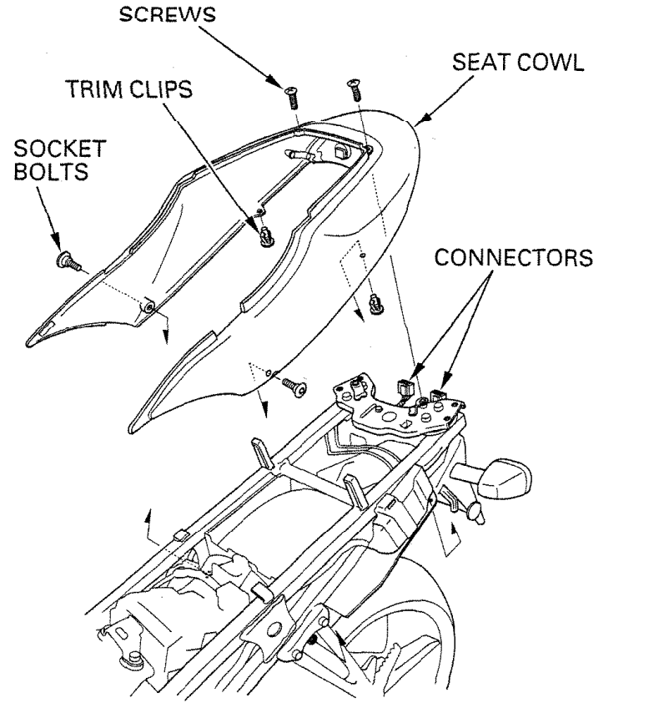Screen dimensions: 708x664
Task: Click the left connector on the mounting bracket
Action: pos(407,388)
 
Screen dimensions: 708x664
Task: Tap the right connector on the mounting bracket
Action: pos(437,386)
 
